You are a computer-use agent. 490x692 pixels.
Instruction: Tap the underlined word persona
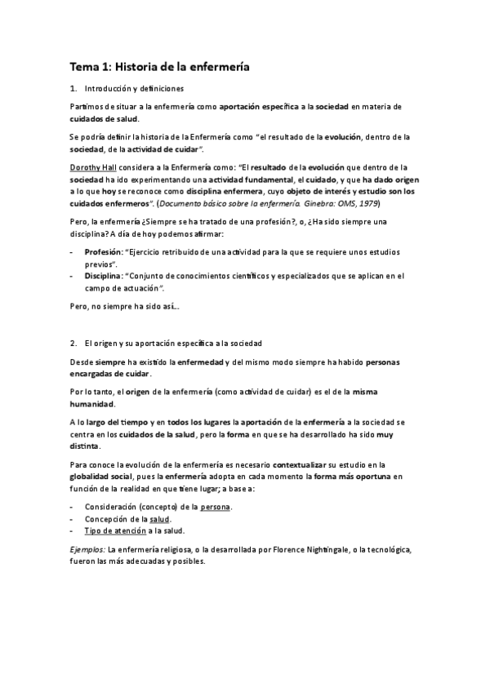pos(215,507)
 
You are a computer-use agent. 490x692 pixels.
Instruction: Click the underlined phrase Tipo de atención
pos(114,530)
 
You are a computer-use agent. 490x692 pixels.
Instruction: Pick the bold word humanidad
pos(92,403)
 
